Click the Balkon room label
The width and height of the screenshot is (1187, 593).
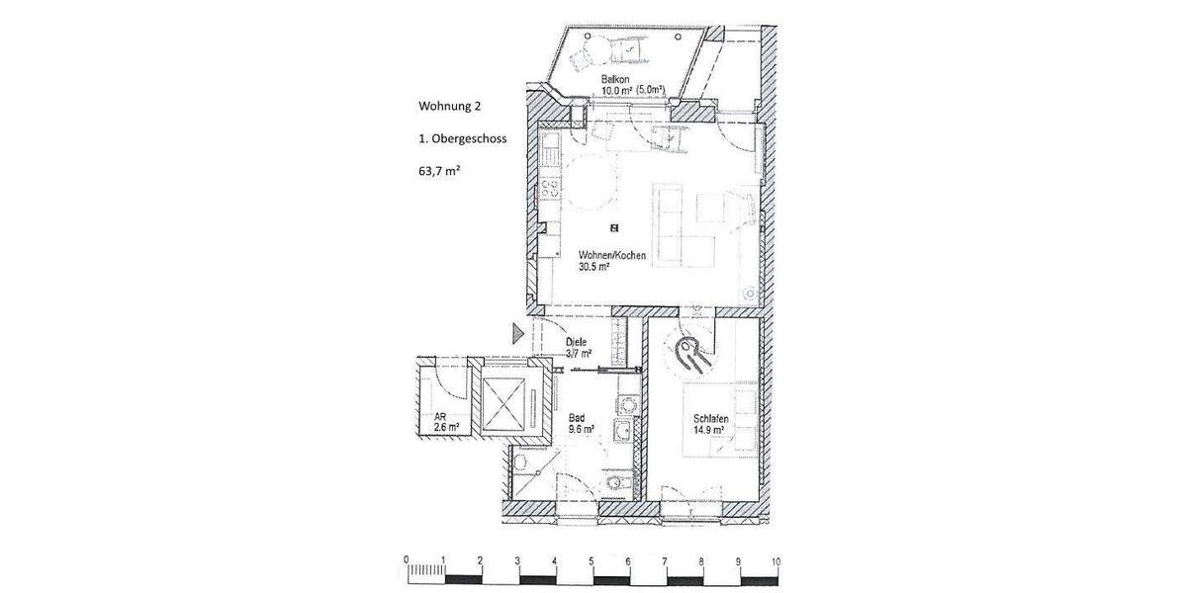614,78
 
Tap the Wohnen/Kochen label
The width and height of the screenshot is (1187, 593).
612,255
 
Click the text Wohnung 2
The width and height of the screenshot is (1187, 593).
450,106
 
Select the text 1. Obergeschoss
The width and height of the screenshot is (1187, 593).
463,139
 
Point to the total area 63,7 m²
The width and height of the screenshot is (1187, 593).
440,171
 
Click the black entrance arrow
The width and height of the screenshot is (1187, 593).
517,334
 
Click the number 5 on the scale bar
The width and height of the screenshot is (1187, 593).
591,560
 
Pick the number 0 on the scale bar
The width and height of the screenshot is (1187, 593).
406,560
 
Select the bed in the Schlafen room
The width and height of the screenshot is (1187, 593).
722,410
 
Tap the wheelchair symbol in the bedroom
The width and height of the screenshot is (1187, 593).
688,351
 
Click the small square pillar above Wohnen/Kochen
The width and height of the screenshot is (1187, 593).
614,228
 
